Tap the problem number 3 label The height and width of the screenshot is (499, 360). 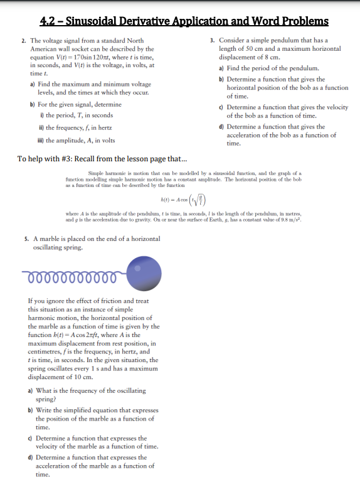213,41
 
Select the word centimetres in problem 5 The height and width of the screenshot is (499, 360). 50,352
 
